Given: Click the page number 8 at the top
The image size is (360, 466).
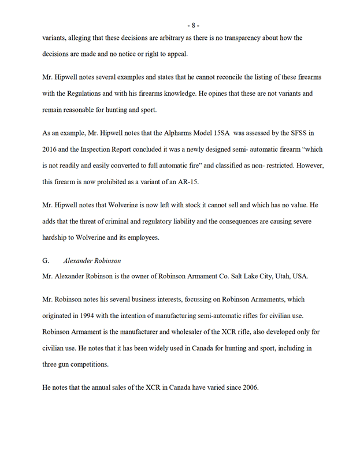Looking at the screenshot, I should tap(194, 25).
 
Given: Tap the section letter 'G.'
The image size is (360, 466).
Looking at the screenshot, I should tap(46, 260).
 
